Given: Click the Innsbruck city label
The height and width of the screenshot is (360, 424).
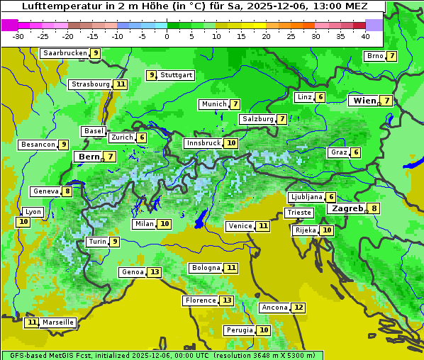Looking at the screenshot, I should [203, 143].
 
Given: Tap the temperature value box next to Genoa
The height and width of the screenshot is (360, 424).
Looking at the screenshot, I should [155, 272].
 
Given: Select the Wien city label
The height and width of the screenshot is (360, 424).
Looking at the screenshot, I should [365, 101].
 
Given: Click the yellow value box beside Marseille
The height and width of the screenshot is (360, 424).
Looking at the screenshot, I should [31, 322].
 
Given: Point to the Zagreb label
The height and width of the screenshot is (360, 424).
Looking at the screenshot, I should [347, 208].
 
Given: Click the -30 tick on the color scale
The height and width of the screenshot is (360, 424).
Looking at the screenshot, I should [18, 36].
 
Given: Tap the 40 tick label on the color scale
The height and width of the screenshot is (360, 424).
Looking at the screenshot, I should [365, 36].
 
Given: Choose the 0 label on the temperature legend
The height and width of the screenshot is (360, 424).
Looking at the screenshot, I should [167, 36].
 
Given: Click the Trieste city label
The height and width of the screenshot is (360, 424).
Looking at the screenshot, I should [299, 213].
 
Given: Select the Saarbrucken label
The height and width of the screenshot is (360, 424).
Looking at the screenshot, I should [65, 53].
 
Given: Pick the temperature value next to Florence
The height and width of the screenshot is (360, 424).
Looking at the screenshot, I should [226, 300].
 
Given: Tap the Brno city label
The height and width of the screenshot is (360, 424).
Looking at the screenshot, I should [374, 56].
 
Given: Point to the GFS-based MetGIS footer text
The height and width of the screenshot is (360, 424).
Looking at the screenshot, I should [162, 355].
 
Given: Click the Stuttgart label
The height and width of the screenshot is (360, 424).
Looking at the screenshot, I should [176, 75].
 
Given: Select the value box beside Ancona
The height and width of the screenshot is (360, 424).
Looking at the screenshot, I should [299, 308].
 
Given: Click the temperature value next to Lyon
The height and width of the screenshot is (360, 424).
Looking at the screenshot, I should [23, 222].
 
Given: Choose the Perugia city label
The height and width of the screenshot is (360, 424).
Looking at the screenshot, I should [238, 330].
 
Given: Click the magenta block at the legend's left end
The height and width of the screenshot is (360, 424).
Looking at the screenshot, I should [9, 25].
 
